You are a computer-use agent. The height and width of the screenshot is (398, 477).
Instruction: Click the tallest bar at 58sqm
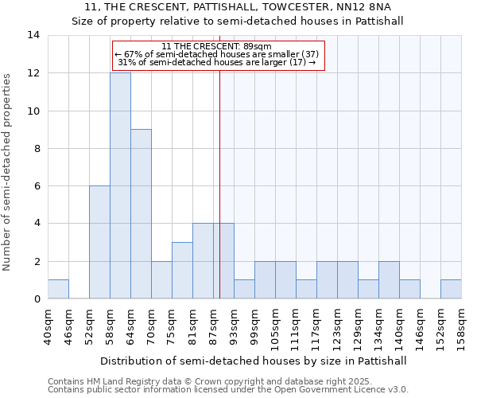click(x=120, y=185)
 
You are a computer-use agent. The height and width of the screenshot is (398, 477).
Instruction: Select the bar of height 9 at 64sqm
click(x=141, y=214)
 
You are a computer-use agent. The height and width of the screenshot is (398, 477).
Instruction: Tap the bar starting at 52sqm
click(x=99, y=243)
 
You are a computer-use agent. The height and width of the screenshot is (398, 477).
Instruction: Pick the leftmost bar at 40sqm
click(x=58, y=290)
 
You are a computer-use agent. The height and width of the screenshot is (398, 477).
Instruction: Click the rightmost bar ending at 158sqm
click(x=451, y=290)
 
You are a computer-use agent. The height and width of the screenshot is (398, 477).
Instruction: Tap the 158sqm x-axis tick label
click(x=461, y=326)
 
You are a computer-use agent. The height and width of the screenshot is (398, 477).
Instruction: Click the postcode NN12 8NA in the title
click(x=381, y=6)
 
